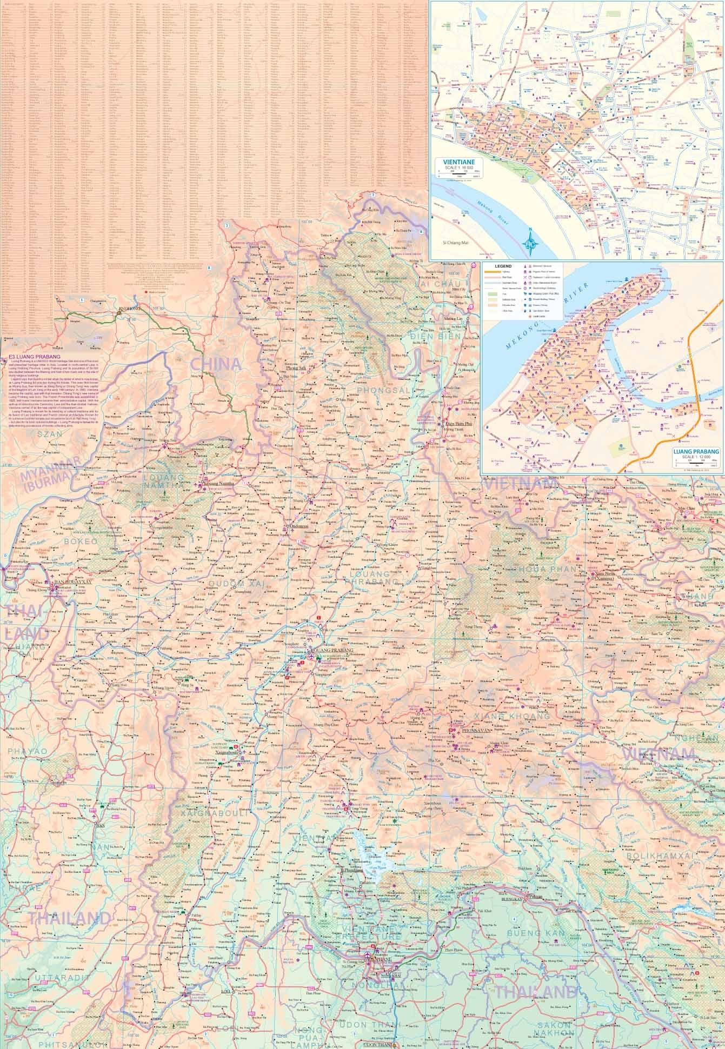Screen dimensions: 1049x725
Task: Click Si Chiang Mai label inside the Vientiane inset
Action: click(x=457, y=243)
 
